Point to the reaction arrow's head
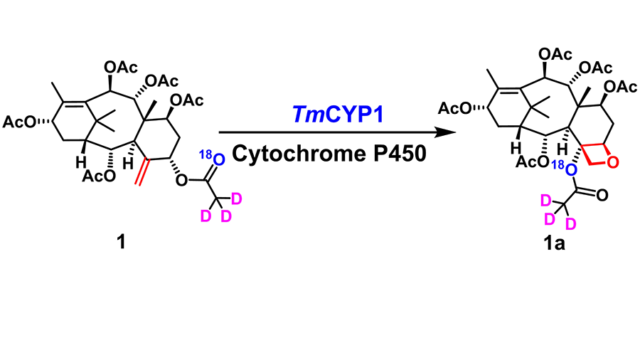[447, 133]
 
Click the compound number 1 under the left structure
[121, 243]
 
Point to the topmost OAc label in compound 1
[120, 66]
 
